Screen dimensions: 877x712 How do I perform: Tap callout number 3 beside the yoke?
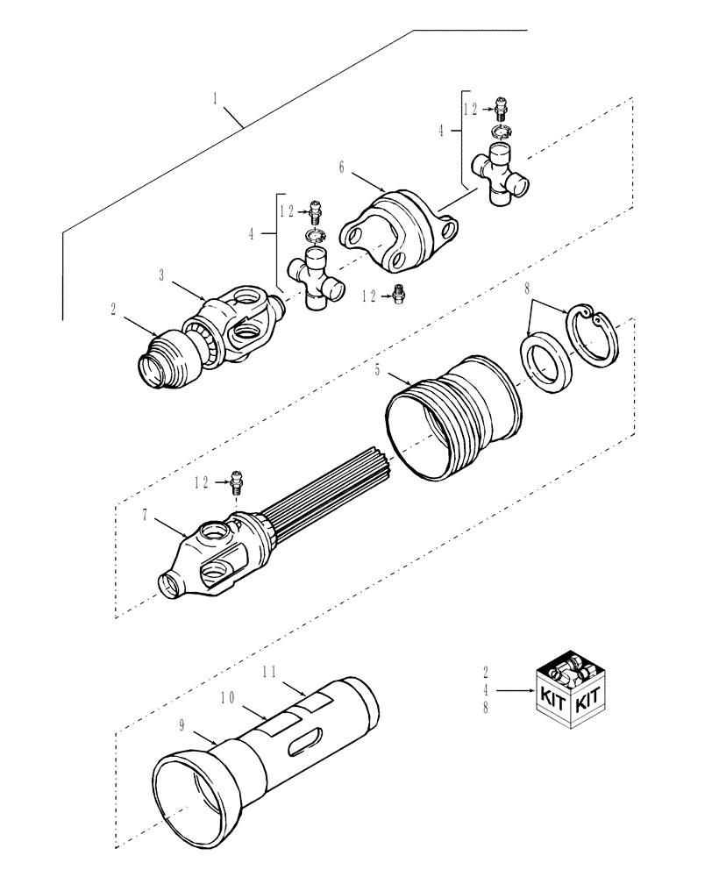point(161,275)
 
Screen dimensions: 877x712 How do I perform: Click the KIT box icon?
point(569,694)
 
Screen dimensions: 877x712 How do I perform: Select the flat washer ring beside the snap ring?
point(547,360)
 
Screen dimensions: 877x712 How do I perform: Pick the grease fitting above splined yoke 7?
point(235,480)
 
